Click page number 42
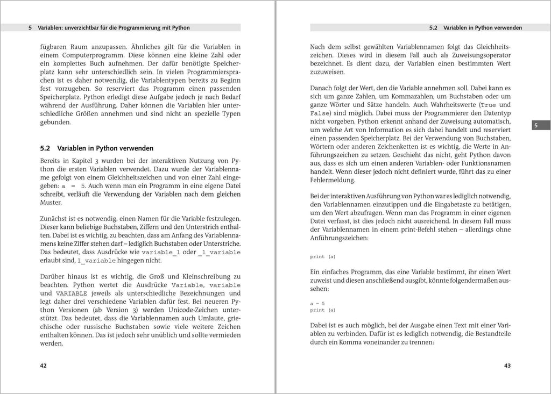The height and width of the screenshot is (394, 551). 44,366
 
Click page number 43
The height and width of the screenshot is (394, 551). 507,366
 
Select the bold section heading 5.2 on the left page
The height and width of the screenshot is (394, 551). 97,148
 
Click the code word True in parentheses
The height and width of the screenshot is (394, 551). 488,105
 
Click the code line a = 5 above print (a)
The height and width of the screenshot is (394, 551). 317,303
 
